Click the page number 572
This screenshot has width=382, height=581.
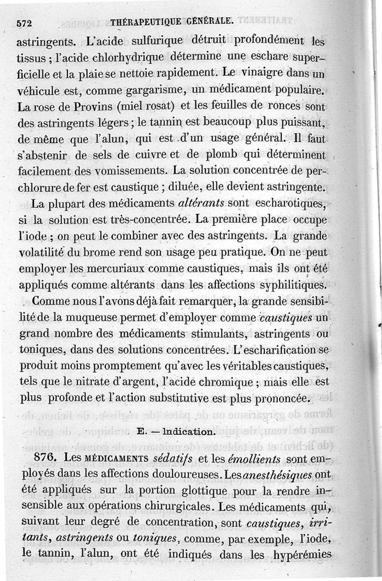click(x=25, y=22)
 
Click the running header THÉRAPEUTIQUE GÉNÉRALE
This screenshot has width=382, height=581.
click(x=172, y=21)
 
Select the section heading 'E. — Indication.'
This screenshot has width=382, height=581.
click(x=174, y=431)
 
